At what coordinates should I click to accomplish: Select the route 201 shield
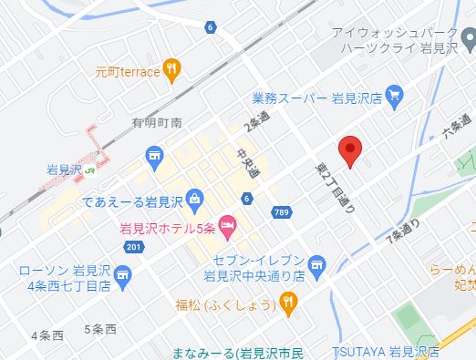(135, 247)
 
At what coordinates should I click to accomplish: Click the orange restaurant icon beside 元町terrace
(173, 69)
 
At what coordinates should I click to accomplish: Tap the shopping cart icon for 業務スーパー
(394, 94)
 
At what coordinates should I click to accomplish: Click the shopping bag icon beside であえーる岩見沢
(195, 198)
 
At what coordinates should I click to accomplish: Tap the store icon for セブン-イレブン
(316, 265)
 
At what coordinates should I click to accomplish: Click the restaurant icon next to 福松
(288, 303)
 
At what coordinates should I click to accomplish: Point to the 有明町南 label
(157, 123)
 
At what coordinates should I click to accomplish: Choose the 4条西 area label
(47, 335)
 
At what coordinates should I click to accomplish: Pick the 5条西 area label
(100, 328)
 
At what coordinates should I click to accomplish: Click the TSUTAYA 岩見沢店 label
(385, 351)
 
